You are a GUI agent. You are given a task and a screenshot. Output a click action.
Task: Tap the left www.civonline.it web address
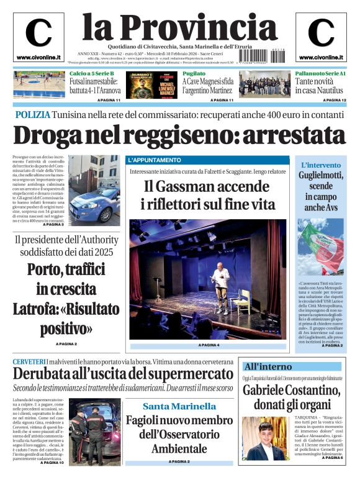tap(38, 57)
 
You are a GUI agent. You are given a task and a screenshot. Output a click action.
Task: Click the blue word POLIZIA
tap(32, 116)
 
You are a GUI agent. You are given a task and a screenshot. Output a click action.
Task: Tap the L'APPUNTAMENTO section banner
tap(155, 160)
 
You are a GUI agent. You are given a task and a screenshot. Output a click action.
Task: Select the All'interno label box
tap(268, 366)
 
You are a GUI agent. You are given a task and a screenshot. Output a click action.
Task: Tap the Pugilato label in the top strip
tap(193, 73)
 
